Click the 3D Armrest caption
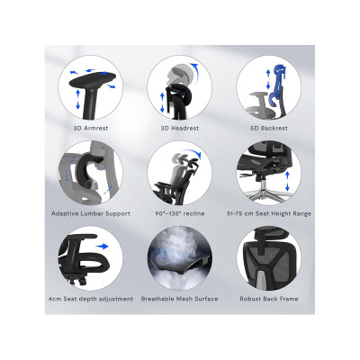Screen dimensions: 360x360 91,128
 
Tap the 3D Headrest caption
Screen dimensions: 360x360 180,128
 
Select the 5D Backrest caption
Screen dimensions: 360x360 269,128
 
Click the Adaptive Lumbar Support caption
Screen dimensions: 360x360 91,213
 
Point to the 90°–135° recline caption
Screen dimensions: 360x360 180,213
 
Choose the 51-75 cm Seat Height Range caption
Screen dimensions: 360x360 269,213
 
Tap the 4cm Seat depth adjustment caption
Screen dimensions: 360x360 91,299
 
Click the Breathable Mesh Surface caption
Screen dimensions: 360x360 180,299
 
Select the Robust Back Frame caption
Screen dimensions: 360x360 269,299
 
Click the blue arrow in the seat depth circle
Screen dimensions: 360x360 102,247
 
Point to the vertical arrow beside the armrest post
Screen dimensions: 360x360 78,99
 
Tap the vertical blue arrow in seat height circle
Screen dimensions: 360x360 287,181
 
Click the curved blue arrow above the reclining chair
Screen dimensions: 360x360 192,152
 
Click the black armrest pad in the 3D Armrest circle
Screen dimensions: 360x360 93,79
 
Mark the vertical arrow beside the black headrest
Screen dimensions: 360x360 162,103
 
